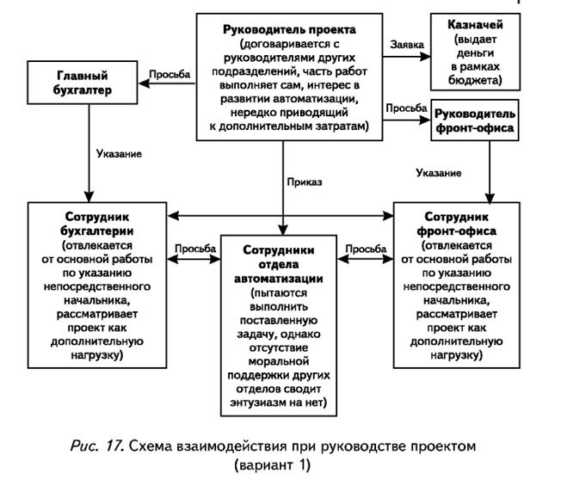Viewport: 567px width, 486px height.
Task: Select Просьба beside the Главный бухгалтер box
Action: (x=169, y=74)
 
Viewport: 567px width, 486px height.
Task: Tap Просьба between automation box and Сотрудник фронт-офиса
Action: (x=365, y=248)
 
